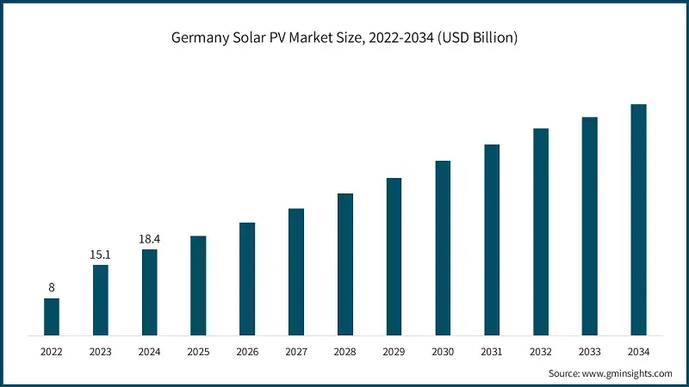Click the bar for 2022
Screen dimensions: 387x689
click(x=52, y=316)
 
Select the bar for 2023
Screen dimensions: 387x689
click(x=101, y=299)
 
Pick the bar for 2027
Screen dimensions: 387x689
click(x=296, y=271)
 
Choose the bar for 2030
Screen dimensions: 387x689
click(x=443, y=248)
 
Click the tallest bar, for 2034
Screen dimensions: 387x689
click(x=638, y=219)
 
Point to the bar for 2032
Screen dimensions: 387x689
click(x=541, y=231)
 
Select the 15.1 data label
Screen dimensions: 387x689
click(x=101, y=255)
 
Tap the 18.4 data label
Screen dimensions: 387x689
click(x=150, y=239)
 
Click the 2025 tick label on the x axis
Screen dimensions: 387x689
click(x=198, y=352)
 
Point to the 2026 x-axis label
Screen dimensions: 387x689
click(x=247, y=352)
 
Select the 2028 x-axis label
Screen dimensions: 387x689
click(x=345, y=352)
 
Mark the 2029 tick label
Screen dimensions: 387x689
click(x=394, y=352)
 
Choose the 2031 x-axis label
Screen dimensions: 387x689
click(x=492, y=352)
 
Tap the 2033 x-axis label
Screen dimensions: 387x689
click(x=589, y=352)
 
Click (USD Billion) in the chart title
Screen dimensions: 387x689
click(x=476, y=39)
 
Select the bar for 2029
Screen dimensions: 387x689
click(x=394, y=256)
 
